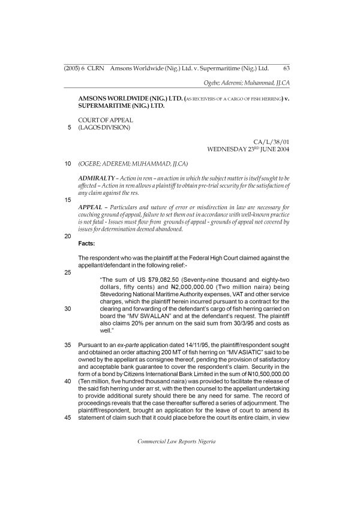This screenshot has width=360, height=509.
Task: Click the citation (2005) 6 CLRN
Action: tap(85, 68)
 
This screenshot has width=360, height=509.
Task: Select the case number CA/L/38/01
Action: tap(272, 141)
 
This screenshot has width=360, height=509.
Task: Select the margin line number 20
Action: tap(67, 236)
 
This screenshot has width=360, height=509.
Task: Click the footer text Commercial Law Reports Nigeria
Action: tap(176, 441)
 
